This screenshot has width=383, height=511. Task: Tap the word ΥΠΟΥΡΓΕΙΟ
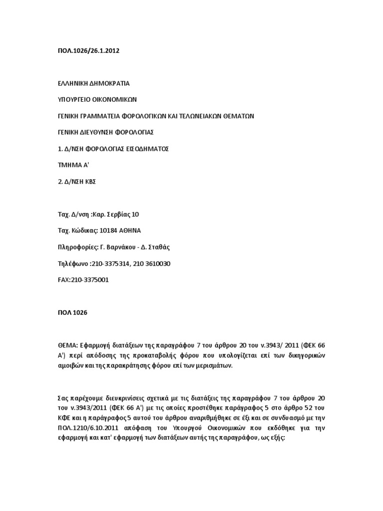point(74,99)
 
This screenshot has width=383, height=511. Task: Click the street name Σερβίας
point(114,215)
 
